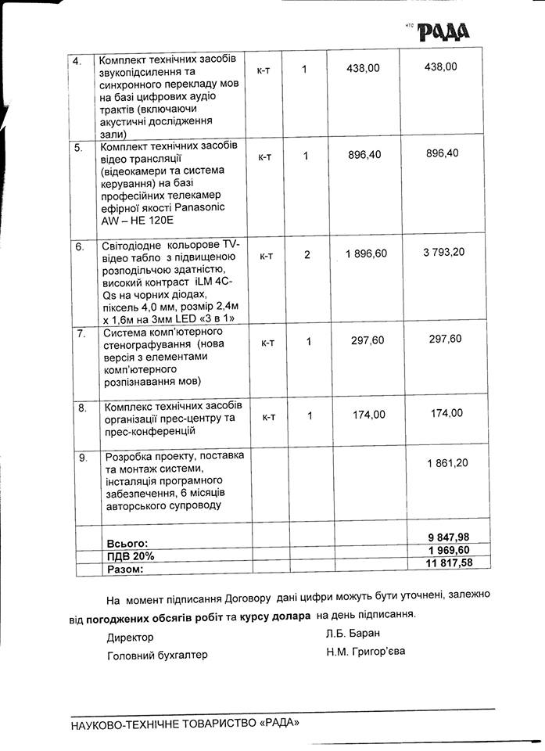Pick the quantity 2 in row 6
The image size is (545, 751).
point(307,255)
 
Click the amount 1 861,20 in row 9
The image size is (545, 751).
point(447,463)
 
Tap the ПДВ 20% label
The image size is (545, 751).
point(131,556)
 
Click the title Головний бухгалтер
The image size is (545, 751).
point(157,655)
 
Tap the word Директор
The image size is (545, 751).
point(131,637)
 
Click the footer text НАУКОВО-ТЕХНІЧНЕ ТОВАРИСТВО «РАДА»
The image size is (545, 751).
point(185,723)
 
